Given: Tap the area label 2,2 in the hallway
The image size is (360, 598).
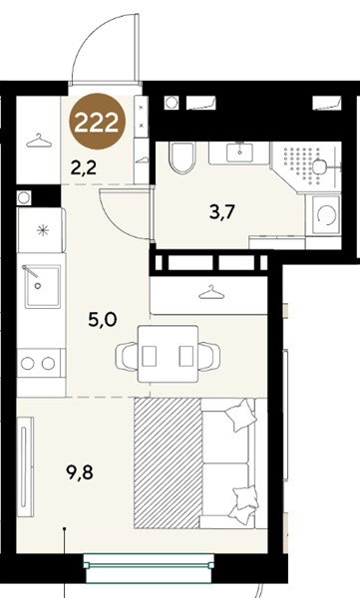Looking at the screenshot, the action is (x=84, y=167).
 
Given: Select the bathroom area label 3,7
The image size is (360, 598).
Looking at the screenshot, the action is (x=221, y=212).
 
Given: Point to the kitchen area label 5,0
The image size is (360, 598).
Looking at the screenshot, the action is (x=103, y=319).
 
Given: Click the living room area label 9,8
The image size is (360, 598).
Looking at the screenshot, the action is (x=80, y=472).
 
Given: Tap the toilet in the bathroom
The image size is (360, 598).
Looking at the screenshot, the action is (x=182, y=157).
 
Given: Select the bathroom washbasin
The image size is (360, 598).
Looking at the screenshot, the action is (x=239, y=152).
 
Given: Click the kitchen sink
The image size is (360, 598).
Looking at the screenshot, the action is (x=42, y=286).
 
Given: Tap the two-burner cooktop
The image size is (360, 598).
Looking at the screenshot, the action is (x=38, y=364).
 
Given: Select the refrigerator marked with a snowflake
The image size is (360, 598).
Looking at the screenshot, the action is (x=41, y=230).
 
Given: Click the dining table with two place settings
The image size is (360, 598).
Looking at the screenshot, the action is (x=168, y=354).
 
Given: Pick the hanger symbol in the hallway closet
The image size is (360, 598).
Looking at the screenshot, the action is (x=39, y=141).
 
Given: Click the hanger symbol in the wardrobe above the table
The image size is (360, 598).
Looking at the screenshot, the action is (x=211, y=292).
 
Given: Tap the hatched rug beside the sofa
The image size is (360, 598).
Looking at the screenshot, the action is (x=168, y=463).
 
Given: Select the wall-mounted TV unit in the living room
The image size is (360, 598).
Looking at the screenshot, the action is (x=25, y=466).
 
